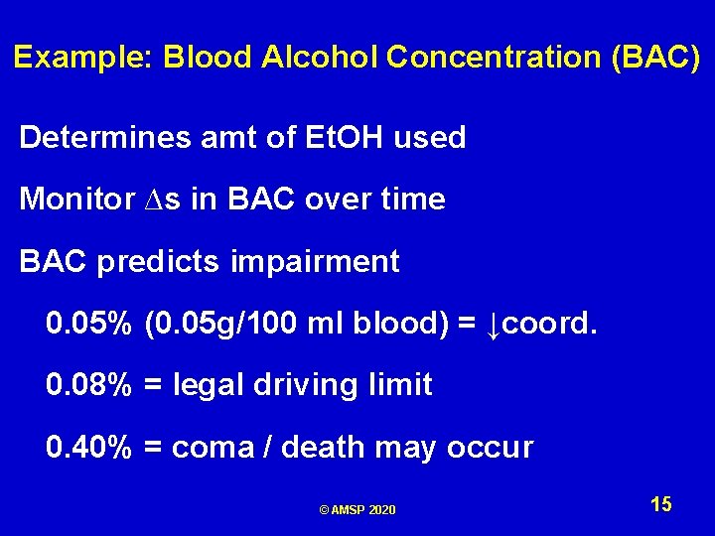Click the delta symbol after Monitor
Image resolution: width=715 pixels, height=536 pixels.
(138, 201)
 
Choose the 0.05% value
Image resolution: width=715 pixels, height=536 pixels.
(88, 324)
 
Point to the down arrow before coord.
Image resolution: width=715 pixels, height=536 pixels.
(493, 325)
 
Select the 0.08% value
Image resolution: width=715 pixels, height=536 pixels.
(88, 385)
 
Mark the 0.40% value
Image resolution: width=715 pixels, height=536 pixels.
(88, 448)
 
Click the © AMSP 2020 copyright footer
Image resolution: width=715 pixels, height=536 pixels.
(357, 510)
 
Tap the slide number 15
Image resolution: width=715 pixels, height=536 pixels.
(661, 505)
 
